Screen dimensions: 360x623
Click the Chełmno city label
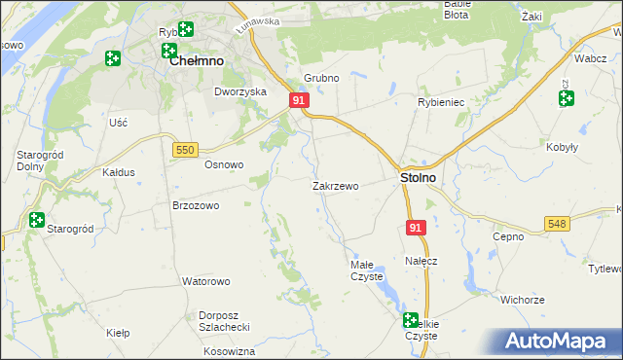(197, 60)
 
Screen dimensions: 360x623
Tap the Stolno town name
(418, 179)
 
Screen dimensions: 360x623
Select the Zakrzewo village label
(336, 185)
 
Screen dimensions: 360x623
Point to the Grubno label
(320, 78)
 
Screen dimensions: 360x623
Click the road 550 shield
(186, 149)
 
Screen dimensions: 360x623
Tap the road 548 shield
(557, 224)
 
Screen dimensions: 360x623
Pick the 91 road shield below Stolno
(416, 227)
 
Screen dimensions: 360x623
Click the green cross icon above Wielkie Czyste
(410, 319)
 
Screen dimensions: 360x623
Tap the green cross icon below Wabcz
(566, 98)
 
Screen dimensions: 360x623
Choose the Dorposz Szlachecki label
(225, 321)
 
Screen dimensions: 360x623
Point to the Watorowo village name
(205, 281)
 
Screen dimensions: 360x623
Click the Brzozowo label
(196, 205)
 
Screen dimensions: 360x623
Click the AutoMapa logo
(560, 342)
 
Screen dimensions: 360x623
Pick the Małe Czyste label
(367, 270)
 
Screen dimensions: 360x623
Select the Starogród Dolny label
(40, 161)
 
